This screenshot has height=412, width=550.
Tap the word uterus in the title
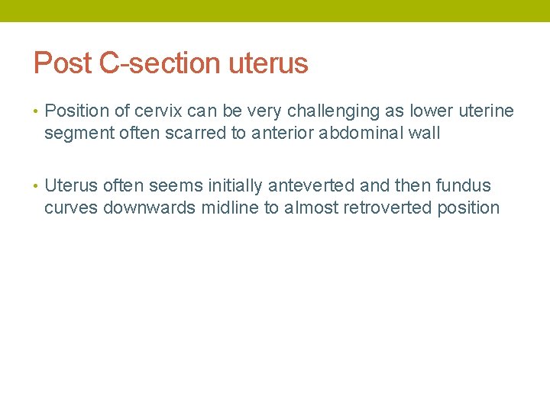tap(268, 63)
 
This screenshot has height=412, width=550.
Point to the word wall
tap(425, 134)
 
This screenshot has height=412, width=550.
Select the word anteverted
tap(312, 185)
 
